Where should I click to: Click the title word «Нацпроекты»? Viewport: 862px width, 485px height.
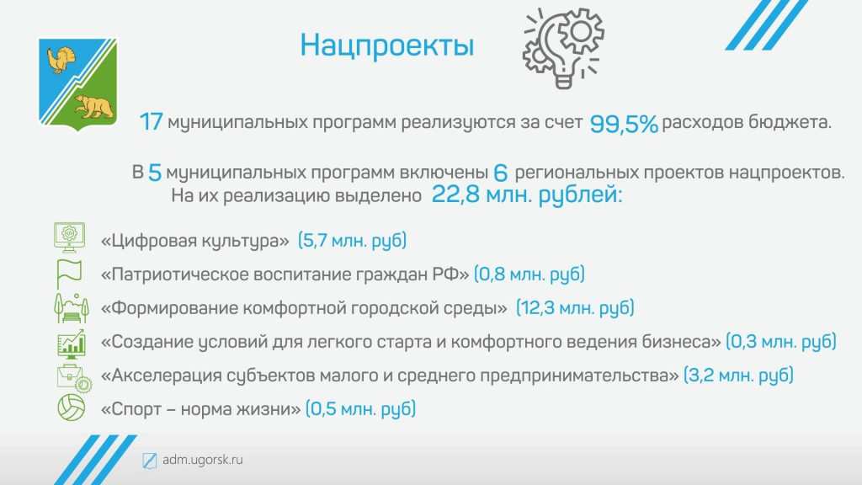click(x=387, y=45)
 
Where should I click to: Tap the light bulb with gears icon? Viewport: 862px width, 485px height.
click(x=563, y=48)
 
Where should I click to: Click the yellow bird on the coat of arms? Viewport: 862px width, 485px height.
click(x=61, y=60)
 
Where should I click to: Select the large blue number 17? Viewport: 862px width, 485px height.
click(x=152, y=122)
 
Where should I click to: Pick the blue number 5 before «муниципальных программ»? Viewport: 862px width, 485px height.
click(x=155, y=173)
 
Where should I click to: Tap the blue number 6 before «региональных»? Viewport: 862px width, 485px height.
click(x=500, y=173)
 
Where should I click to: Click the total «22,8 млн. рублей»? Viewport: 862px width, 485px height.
click(x=526, y=195)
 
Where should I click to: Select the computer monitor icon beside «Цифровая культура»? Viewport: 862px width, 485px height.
click(x=70, y=237)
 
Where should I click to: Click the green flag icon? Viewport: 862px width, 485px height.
click(x=69, y=274)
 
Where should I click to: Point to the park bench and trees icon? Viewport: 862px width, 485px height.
click(x=71, y=308)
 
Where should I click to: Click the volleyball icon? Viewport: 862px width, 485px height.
click(x=72, y=408)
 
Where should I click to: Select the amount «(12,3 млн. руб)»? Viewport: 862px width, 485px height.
click(x=575, y=308)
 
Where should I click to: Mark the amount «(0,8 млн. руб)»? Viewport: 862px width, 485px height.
click(x=529, y=274)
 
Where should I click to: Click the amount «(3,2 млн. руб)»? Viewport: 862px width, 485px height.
click(x=738, y=376)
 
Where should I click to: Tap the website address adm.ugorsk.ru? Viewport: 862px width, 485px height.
click(x=203, y=460)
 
